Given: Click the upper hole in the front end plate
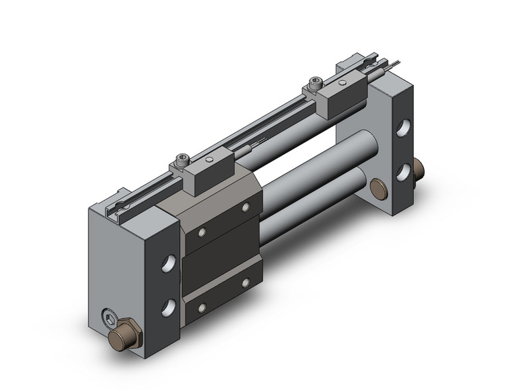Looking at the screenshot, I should (x=169, y=263).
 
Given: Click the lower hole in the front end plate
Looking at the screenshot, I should (x=168, y=307).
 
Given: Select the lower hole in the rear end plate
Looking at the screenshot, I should (x=403, y=171).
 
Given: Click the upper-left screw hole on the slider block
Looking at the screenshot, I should (x=202, y=233).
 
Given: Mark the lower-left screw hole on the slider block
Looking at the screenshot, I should (x=202, y=308).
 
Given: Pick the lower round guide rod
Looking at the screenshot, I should (x=312, y=206).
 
